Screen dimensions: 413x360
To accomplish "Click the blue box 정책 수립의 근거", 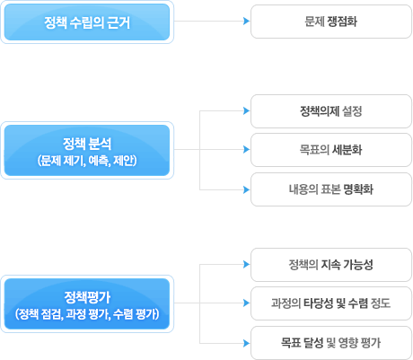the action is pyautogui.click(x=87, y=22).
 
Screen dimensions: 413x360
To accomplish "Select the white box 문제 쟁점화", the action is pyautogui.click(x=331, y=22).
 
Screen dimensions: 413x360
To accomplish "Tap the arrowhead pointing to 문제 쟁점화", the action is pyautogui.click(x=247, y=21).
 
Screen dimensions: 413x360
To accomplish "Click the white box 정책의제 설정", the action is pyautogui.click(x=331, y=111).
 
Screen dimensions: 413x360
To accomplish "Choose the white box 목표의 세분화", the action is pyautogui.click(x=331, y=150).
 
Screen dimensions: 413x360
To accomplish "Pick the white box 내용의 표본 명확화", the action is pyautogui.click(x=331, y=189).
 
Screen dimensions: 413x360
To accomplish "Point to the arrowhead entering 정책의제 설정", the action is pyautogui.click(x=247, y=110).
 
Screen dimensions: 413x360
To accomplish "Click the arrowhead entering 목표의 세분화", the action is pyautogui.click(x=247, y=149).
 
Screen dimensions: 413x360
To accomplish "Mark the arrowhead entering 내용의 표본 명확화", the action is pyautogui.click(x=247, y=189).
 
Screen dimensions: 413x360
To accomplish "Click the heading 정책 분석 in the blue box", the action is pyautogui.click(x=87, y=144).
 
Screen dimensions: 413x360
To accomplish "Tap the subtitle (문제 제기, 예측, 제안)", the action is pyautogui.click(x=87, y=161).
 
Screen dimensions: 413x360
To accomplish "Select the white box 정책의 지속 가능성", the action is pyautogui.click(x=331, y=265).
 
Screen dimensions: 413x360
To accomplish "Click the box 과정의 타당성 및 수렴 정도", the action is pyautogui.click(x=331, y=303).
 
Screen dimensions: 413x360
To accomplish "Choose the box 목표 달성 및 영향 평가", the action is pyautogui.click(x=331, y=343).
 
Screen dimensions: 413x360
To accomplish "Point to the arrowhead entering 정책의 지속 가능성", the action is pyautogui.click(x=247, y=264).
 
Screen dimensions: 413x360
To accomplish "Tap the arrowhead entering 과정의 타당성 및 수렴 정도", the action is pyautogui.click(x=247, y=303).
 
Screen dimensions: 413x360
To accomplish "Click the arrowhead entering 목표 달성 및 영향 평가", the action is pyautogui.click(x=247, y=343).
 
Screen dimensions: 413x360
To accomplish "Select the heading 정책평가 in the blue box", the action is pyautogui.click(x=87, y=297).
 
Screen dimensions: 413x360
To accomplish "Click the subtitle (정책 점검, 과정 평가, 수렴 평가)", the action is pyautogui.click(x=87, y=314).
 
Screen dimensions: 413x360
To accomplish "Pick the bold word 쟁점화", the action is pyautogui.click(x=342, y=22).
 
